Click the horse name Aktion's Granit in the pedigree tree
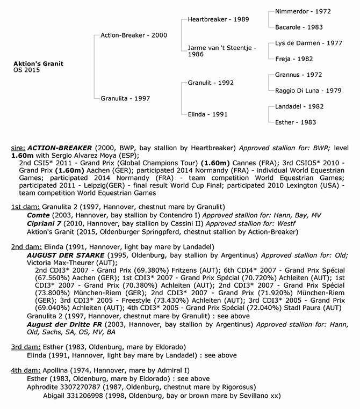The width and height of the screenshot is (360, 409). click(38, 64)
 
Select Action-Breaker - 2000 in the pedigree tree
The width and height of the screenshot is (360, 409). click(134, 35)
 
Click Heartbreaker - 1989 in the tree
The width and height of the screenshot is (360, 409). click(219, 19)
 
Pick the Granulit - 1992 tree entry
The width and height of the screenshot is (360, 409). click(211, 83)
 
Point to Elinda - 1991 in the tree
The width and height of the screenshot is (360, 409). click(207, 114)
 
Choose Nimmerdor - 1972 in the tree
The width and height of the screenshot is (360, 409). click(303, 11)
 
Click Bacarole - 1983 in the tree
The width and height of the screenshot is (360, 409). click(299, 27)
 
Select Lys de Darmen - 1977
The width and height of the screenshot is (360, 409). click(307, 43)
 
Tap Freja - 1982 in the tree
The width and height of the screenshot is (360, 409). click(293, 59)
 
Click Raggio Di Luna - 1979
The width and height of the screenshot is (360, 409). click(308, 90)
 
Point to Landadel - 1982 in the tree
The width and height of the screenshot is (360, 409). click(299, 106)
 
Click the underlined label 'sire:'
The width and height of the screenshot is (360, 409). click(18, 147)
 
